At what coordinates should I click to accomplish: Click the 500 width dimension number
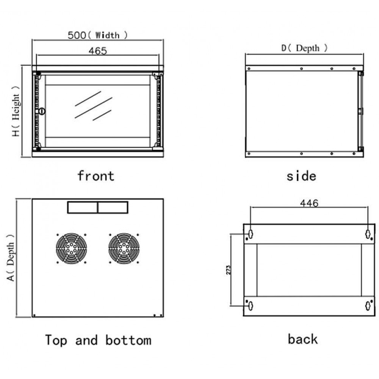pos(77,35)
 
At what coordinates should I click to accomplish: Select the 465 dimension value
pos(98,51)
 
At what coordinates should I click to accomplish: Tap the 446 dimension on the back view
pos(309,203)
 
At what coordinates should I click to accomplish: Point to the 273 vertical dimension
pos(229,270)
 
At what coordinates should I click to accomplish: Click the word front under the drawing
pos(96,176)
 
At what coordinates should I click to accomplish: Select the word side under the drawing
pos(301,176)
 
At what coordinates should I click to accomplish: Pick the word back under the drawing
pos(302,339)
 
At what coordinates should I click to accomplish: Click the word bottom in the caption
pos(128,340)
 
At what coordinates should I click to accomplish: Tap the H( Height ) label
pos(16,111)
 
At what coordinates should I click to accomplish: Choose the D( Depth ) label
pos(304,48)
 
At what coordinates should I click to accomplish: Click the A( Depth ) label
pos(11,258)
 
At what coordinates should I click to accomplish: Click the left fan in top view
pos(71,248)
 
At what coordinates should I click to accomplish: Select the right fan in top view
pos(124,248)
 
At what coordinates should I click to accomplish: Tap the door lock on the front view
pos(42,111)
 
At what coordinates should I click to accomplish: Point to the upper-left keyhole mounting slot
pos(251,234)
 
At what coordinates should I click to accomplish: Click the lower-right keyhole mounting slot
pos(368,306)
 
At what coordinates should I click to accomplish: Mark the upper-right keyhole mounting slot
pos(368,234)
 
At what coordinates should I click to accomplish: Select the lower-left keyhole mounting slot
pos(251,306)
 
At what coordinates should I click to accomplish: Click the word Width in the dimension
pos(107,35)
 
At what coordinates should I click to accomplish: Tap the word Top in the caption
pos(56,340)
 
